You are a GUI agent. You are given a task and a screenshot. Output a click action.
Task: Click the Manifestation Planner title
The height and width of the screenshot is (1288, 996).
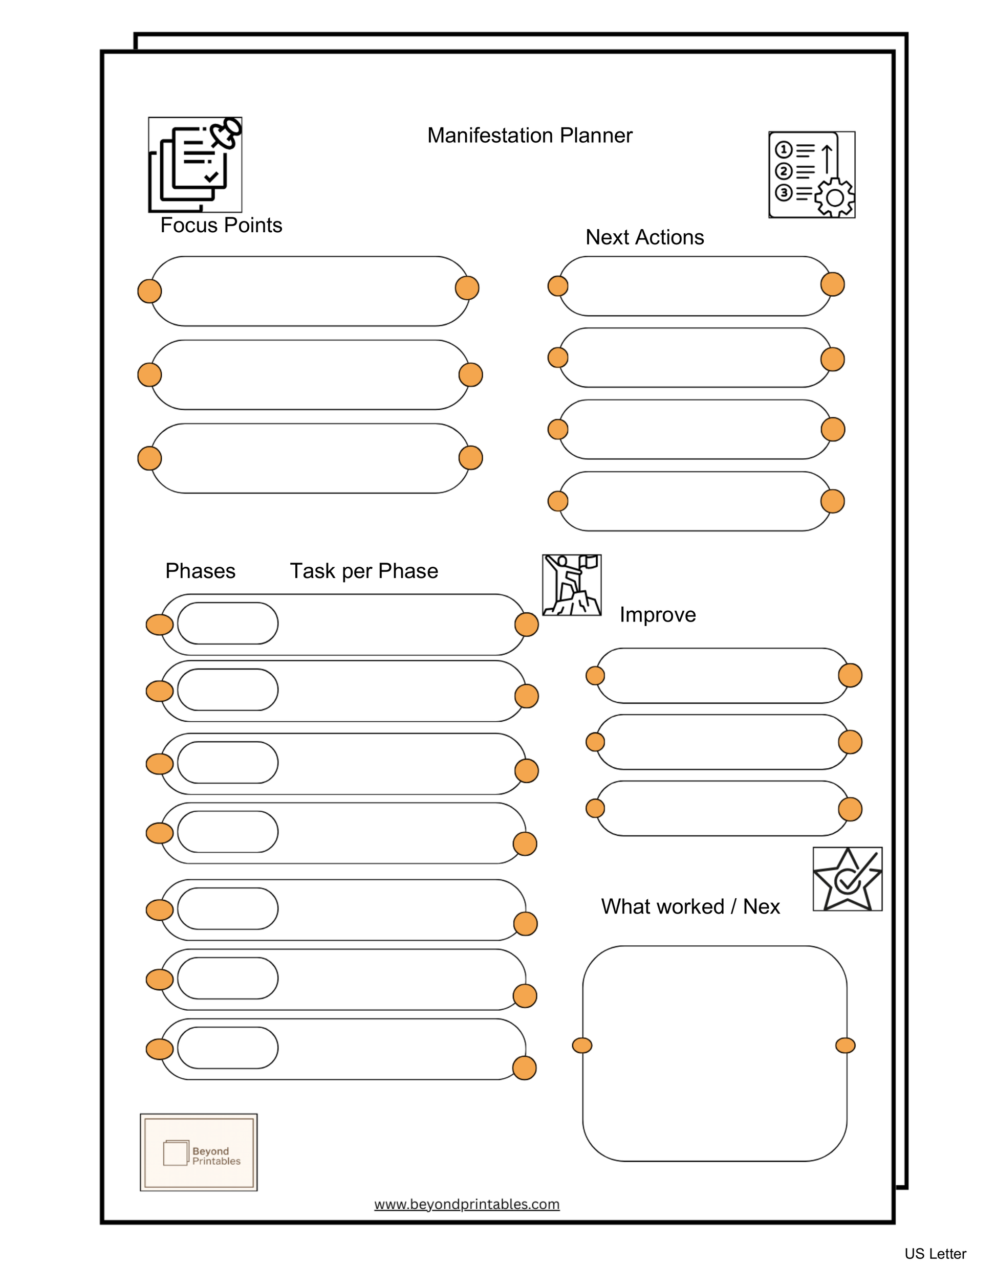pos(529,136)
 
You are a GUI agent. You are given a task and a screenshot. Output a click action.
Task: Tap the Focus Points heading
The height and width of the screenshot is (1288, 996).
pos(221,225)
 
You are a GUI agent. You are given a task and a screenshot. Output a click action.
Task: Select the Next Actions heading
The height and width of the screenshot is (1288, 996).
pos(644,237)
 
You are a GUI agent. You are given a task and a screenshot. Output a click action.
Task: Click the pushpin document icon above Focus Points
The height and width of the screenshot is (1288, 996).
pos(196,165)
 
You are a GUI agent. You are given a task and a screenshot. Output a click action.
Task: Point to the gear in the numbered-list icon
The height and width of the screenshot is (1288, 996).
pos(834,197)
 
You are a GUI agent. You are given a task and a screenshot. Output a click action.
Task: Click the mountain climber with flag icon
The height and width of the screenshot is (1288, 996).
pos(571,585)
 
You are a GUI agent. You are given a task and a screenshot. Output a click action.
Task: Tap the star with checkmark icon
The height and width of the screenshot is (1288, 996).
pos(847,879)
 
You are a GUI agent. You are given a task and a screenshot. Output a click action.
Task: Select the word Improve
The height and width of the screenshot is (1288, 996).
pos(657,614)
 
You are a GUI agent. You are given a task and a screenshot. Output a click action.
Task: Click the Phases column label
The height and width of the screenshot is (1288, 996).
pos(200,571)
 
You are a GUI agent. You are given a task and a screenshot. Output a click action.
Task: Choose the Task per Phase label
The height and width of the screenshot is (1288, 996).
pos(363,571)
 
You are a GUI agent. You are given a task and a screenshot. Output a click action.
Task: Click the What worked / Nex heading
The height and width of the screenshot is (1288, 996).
pos(690,906)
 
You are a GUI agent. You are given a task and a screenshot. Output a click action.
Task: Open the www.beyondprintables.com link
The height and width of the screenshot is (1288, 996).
pos(467,1204)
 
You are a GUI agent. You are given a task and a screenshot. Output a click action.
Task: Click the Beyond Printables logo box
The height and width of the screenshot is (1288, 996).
pos(199,1152)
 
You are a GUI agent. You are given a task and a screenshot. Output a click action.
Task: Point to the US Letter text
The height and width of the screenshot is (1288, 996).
pos(935,1254)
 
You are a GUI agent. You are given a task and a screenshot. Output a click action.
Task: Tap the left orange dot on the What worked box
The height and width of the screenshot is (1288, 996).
pos(582,1046)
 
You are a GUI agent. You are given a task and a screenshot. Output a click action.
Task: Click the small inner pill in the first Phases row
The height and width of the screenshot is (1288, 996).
pos(228,624)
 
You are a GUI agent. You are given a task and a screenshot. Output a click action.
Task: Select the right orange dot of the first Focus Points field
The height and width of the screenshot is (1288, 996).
pos(467,288)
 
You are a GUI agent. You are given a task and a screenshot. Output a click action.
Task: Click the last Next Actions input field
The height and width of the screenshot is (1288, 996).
pos(695,501)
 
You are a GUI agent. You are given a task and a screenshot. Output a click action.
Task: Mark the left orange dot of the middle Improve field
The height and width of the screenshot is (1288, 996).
pos(595,742)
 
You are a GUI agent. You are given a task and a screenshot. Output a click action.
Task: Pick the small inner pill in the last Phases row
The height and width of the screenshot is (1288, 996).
pos(228,1048)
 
